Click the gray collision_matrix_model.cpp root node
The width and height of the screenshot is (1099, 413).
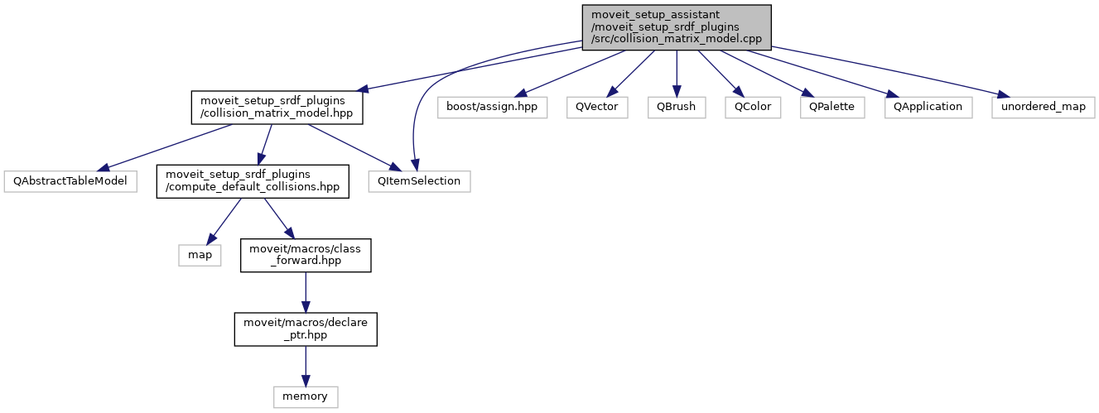[x=677, y=27]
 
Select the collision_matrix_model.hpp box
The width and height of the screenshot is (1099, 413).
[x=277, y=108]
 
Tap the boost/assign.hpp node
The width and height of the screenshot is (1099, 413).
[x=493, y=107]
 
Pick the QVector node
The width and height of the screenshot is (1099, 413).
[x=597, y=107]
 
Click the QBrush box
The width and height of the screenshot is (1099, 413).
[x=677, y=107]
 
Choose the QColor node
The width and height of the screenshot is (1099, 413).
[x=753, y=107]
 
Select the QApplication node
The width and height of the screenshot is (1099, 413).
[x=928, y=107]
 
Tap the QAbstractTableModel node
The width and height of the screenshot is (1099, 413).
[x=69, y=180]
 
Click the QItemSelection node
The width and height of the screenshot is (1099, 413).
[x=420, y=180]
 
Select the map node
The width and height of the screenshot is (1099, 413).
[x=200, y=254]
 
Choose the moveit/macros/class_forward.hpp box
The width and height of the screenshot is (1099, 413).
[x=306, y=254]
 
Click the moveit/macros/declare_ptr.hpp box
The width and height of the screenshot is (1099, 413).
[x=306, y=328]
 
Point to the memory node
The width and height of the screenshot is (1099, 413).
[x=306, y=396]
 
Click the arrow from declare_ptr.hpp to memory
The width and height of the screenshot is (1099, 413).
[x=306, y=365]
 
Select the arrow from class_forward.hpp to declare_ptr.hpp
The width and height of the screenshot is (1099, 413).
[x=306, y=291]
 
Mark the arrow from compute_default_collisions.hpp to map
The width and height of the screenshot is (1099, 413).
[x=226, y=219]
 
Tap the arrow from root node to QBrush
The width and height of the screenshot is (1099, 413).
[x=677, y=73]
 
